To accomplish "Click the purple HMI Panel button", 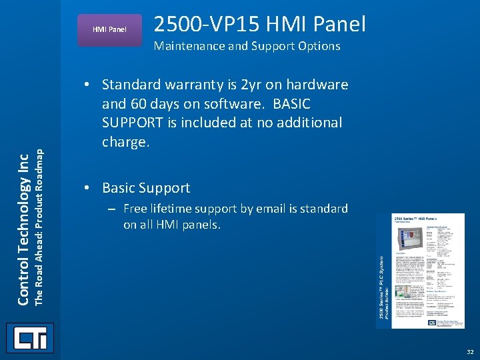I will [109, 30].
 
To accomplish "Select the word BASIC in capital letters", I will [287, 104].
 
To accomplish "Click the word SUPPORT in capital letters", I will [134, 123].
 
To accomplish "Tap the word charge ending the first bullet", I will [125, 141].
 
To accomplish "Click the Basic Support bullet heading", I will [146, 188].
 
